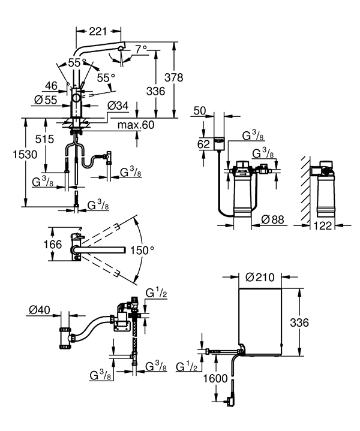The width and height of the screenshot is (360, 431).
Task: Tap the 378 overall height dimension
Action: coord(174,78)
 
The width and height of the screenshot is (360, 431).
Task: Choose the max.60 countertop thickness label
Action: coord(136,125)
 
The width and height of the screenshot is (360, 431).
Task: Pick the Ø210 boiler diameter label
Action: coord(261,277)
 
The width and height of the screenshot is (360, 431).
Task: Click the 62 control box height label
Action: coord(204,144)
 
